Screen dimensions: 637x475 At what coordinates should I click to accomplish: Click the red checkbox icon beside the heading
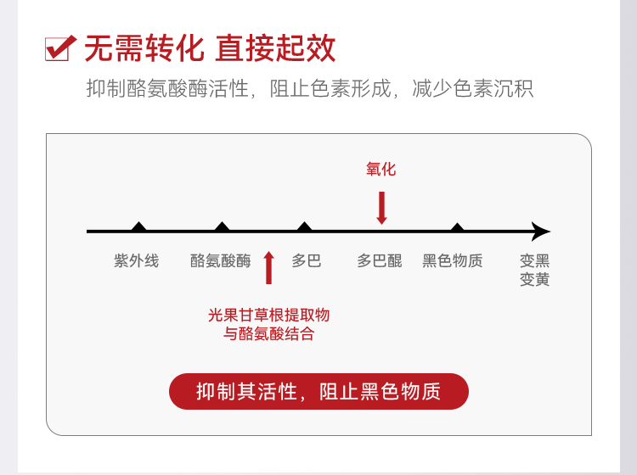(59, 47)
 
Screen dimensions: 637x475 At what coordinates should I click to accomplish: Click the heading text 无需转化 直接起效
(210, 47)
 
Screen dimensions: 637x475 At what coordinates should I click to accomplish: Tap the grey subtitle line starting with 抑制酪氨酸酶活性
(310, 88)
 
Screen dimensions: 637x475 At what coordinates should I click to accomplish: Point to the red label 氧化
(381, 169)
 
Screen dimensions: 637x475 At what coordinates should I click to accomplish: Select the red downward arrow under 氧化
(381, 207)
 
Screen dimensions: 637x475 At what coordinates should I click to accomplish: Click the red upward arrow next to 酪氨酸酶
(268, 267)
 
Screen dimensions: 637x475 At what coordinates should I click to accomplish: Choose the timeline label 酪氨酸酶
(221, 260)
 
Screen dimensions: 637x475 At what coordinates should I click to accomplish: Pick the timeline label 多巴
(307, 260)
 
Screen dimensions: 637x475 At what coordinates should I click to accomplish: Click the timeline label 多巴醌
(380, 260)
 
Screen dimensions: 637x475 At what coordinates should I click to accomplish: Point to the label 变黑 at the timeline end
(535, 260)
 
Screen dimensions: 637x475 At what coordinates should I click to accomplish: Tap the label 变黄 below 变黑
(535, 279)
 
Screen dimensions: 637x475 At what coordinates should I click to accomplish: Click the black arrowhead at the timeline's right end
(541, 231)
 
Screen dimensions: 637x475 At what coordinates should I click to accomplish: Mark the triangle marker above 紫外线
(139, 226)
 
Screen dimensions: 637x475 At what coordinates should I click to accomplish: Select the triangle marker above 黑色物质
(457, 226)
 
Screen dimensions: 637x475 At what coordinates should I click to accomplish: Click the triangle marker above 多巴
(304, 226)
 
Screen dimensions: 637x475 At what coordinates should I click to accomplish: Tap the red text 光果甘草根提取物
(268, 315)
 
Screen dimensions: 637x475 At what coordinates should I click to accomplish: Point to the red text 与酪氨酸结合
(268, 334)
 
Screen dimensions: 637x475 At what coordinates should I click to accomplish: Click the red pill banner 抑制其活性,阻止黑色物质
(318, 392)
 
